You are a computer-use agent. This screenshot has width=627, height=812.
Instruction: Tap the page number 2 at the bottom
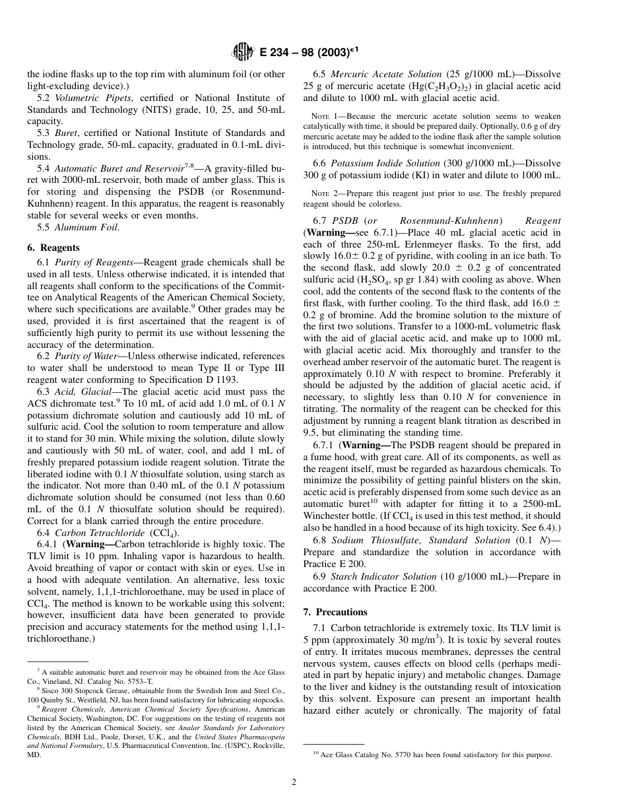tap(294, 783)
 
